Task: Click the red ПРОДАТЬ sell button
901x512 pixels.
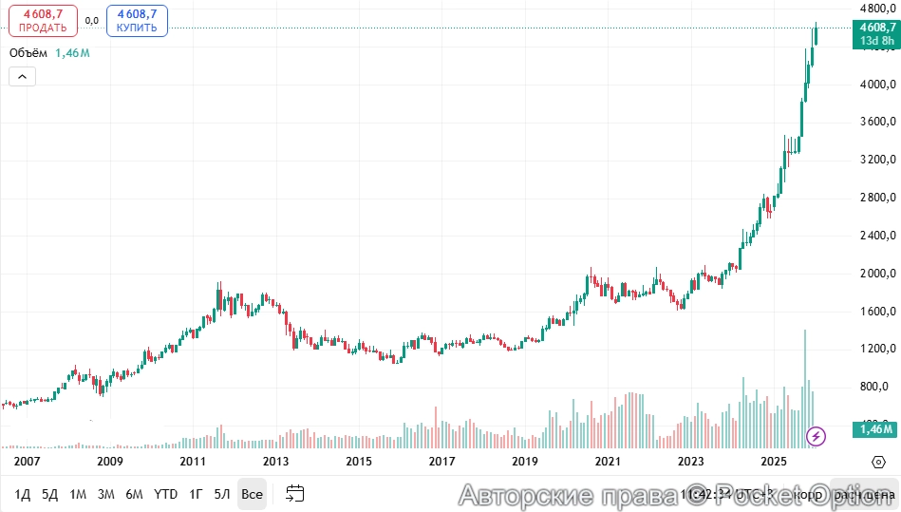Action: click(43, 21)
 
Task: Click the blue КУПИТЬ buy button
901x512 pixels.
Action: click(137, 21)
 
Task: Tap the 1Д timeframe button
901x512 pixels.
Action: click(23, 494)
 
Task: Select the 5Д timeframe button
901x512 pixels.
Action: click(50, 494)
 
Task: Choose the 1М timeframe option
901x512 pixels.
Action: click(79, 494)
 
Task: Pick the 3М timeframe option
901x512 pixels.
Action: click(106, 494)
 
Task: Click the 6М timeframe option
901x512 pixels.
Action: click(135, 494)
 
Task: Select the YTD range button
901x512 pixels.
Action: click(166, 494)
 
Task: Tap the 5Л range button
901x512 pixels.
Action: click(222, 494)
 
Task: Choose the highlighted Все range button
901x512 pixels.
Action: click(252, 494)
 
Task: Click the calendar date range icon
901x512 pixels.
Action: click(295, 494)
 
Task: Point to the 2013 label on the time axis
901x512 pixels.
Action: click(276, 462)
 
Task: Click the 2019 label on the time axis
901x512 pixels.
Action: click(525, 462)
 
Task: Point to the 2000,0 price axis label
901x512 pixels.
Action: click(873, 274)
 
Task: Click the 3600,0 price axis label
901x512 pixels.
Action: click(873, 122)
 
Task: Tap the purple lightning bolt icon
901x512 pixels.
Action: click(816, 437)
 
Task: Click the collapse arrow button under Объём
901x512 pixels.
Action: click(23, 77)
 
